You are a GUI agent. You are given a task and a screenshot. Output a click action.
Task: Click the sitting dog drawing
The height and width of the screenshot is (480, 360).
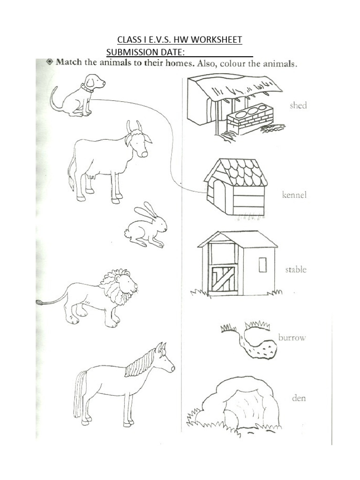pyautogui.click(x=80, y=96)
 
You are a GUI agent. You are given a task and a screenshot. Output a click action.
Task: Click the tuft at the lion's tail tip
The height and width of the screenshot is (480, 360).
pyautogui.click(x=40, y=302)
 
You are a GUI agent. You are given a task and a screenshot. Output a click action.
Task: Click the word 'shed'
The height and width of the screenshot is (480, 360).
pyautogui.click(x=298, y=105)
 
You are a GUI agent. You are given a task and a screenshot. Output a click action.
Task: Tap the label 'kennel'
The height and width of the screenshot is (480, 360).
pyautogui.click(x=294, y=195)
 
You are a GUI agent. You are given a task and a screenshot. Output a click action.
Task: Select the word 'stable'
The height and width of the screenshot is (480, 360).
pyautogui.click(x=295, y=270)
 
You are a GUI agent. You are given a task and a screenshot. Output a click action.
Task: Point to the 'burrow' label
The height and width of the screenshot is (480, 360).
pyautogui.click(x=292, y=337)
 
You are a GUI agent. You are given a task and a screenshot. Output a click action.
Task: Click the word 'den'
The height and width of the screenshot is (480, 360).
pyautogui.click(x=299, y=398)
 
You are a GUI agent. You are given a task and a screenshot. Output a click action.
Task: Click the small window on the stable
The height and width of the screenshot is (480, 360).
pyautogui.click(x=262, y=264)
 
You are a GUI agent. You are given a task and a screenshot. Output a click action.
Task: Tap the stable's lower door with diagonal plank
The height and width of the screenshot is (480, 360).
pyautogui.click(x=222, y=278)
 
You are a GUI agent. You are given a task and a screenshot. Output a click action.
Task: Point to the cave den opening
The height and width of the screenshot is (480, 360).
pyautogui.click(x=239, y=411)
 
